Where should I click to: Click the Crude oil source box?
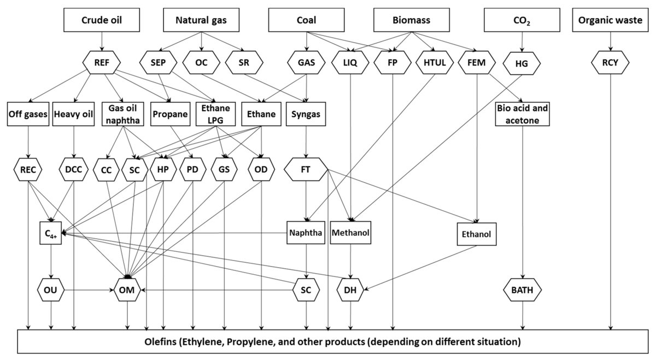click(102, 20)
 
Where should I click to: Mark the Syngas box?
click(307, 115)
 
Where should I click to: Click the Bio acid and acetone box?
click(523, 115)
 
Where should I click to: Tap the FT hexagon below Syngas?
click(306, 170)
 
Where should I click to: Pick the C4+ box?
click(50, 233)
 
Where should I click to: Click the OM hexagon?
click(128, 288)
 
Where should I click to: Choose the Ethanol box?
click(477, 234)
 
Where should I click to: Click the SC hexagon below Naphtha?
click(306, 288)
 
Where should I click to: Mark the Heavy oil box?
click(74, 115)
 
